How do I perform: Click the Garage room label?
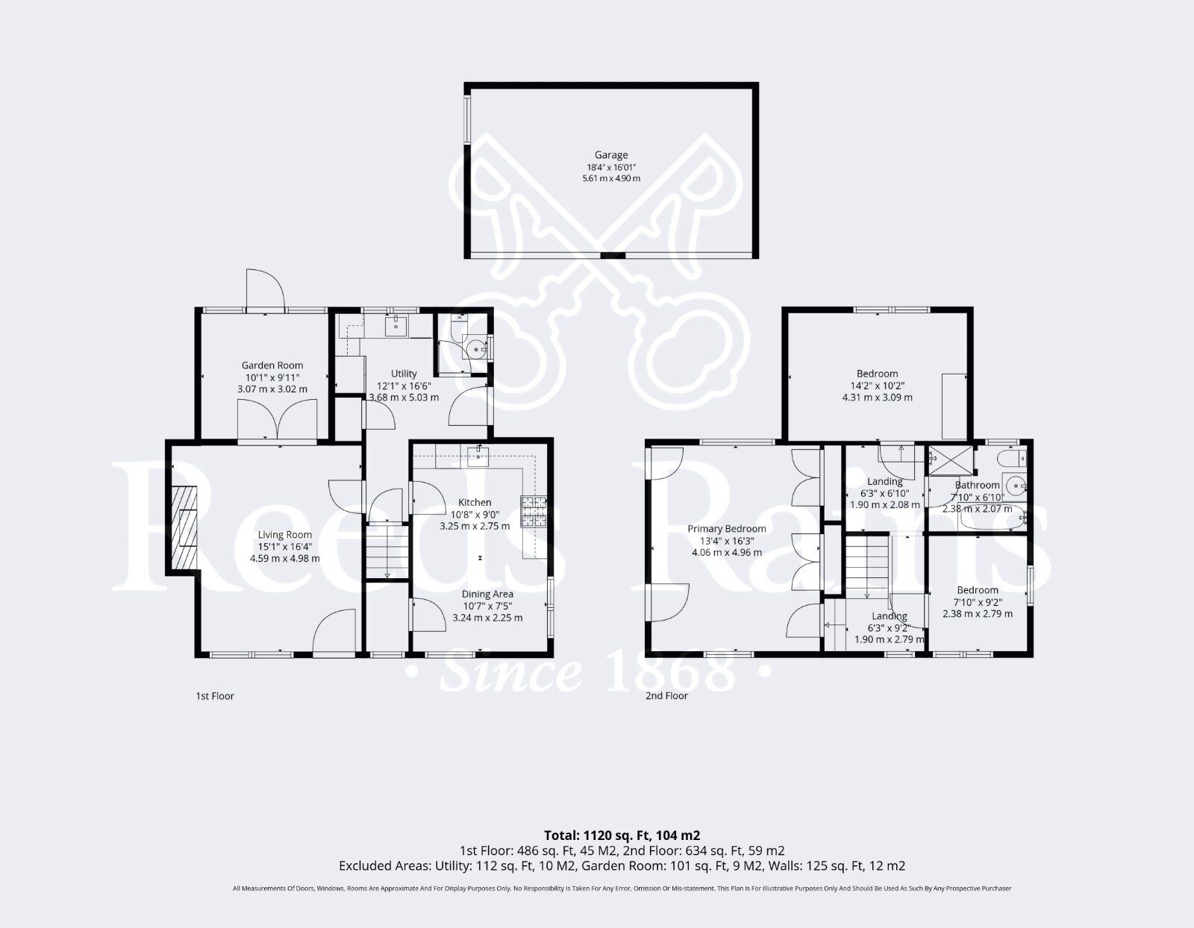tap(610, 155)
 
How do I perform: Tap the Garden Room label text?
tap(272, 365)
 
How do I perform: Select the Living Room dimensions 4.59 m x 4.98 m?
tap(284, 558)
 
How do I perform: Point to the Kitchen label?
tap(475, 502)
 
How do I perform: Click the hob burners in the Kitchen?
tap(534, 512)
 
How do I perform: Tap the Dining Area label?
tap(488, 594)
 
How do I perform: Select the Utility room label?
tap(404, 373)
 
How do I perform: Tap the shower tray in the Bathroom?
tap(950, 461)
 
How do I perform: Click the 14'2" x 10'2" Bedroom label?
tap(877, 373)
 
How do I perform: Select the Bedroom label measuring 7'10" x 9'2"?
tap(977, 589)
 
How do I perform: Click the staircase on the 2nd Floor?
tap(867, 565)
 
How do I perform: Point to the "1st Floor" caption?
tap(215, 696)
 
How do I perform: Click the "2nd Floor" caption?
tap(666, 696)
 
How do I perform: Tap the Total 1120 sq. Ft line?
tap(622, 835)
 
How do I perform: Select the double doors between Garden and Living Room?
tap(277, 420)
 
